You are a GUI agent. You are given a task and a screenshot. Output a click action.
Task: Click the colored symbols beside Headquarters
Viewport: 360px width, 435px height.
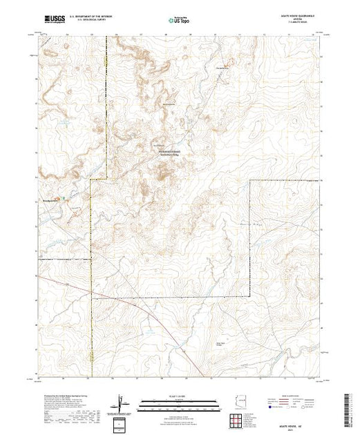click(66, 199)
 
